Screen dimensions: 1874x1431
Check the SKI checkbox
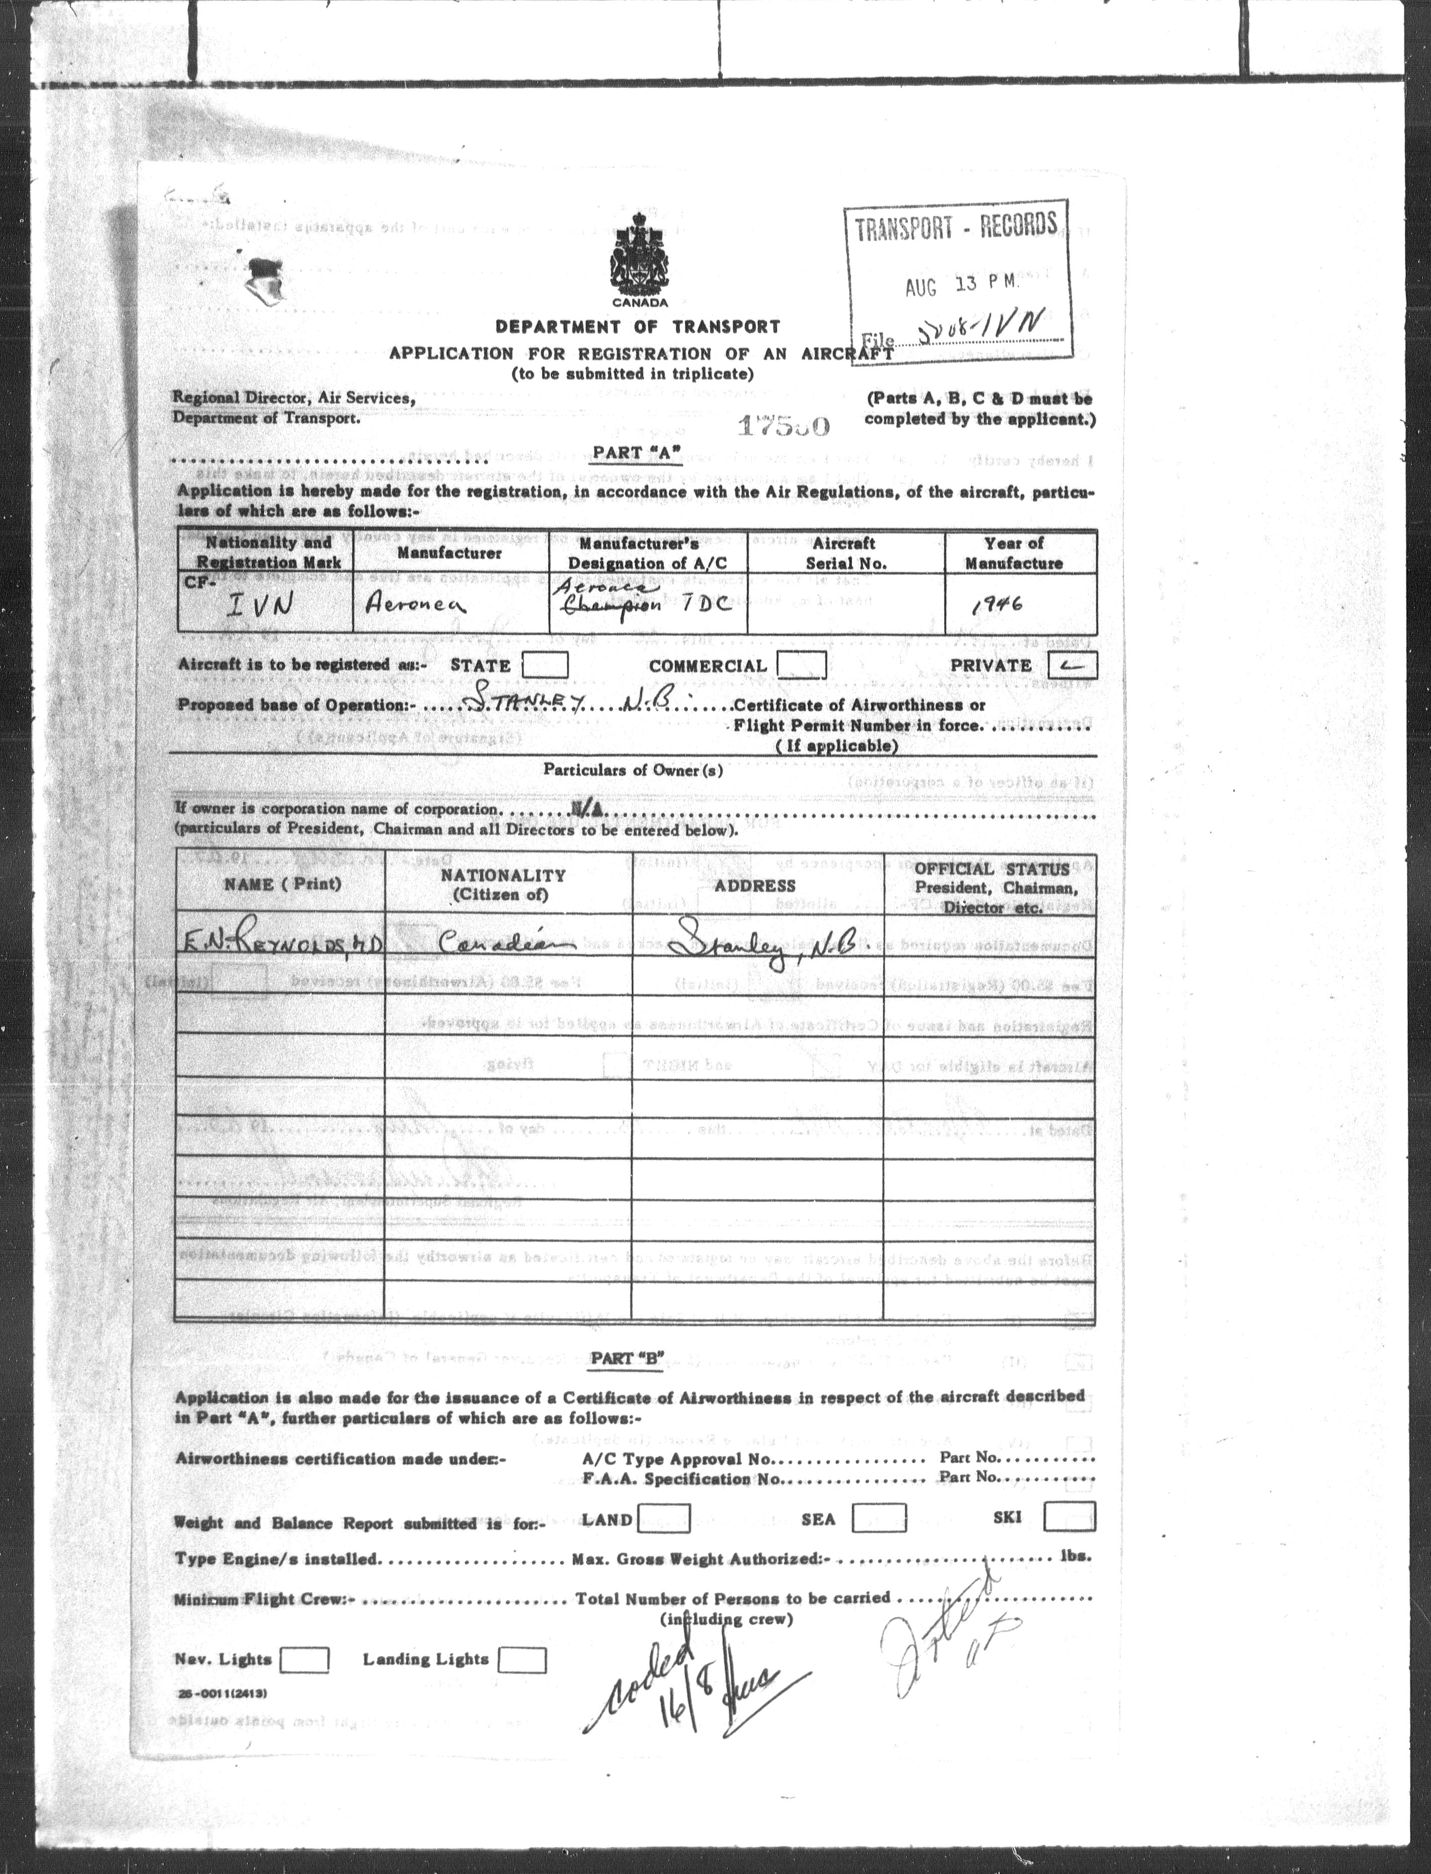point(1069,1517)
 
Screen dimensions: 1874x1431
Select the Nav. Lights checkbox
point(304,1659)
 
